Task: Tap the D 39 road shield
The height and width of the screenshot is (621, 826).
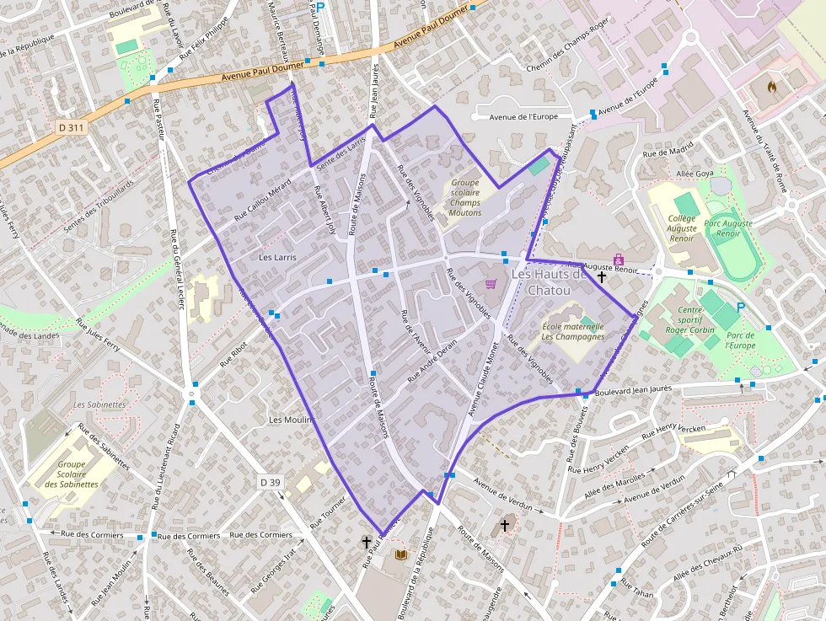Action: (x=270, y=482)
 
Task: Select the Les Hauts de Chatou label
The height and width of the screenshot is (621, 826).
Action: (x=548, y=282)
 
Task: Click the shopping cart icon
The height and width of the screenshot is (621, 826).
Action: (x=491, y=285)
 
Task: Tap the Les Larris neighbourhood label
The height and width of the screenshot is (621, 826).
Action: (x=277, y=257)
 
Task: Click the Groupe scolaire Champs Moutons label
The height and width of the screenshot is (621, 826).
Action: (x=465, y=197)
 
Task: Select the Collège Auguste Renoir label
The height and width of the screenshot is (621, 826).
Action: (x=682, y=228)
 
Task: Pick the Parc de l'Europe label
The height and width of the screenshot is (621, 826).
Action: (x=741, y=340)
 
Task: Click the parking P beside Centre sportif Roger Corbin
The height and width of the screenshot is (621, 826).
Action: (x=740, y=308)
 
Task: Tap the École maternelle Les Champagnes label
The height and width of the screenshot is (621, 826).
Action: (x=573, y=331)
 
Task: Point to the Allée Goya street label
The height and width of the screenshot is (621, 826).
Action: (x=695, y=173)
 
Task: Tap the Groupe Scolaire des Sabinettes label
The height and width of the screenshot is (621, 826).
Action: (x=78, y=474)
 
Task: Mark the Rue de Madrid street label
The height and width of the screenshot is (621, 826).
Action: (x=667, y=152)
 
